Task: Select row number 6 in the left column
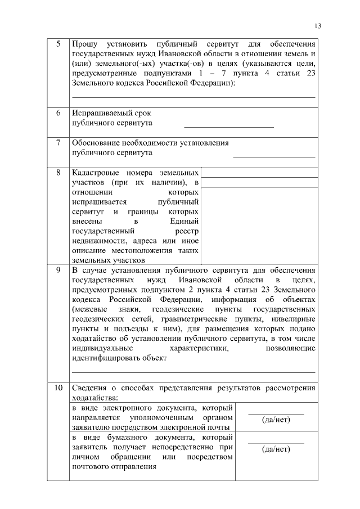pyautogui.click(x=58, y=113)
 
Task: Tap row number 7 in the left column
pyautogui.click(x=58, y=143)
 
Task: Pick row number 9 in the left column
pyautogui.click(x=58, y=270)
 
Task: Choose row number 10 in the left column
pyautogui.click(x=58, y=388)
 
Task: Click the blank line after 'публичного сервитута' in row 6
pyautogui.click(x=228, y=126)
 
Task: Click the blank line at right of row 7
pyautogui.click(x=274, y=156)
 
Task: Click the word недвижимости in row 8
pyautogui.click(x=96, y=240)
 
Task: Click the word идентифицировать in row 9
pyautogui.click(x=107, y=359)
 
